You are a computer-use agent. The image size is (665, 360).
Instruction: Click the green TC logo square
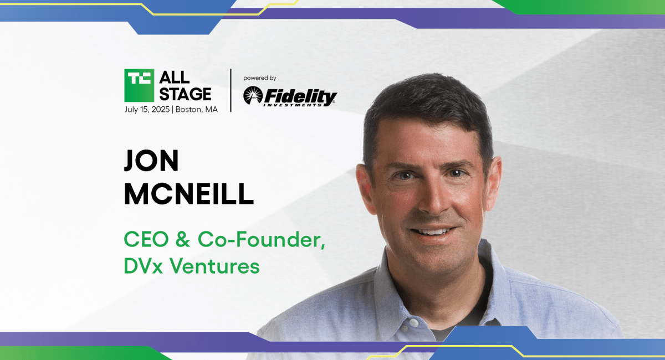tap(139, 85)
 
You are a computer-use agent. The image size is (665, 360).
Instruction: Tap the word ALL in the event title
tap(174, 78)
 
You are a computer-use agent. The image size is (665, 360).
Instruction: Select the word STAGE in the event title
tap(185, 94)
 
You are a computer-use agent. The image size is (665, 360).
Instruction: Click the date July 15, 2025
tap(147, 110)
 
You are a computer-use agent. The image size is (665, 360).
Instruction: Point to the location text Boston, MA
tap(197, 110)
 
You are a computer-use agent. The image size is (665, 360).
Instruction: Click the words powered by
tap(260, 78)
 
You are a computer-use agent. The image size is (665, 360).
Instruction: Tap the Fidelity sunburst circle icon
tap(253, 95)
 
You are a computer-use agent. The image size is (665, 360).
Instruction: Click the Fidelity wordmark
tap(300, 97)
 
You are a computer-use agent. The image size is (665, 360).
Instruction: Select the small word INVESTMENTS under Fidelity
tap(293, 105)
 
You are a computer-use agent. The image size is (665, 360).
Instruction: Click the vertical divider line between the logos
tap(231, 90)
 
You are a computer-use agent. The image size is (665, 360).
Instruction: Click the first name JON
tap(151, 161)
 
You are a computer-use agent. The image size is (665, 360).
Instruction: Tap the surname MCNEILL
tap(189, 194)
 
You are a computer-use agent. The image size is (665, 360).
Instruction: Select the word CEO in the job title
tap(146, 239)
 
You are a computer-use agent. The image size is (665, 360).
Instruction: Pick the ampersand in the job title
tap(182, 239)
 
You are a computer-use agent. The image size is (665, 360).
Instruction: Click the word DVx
tap(143, 266)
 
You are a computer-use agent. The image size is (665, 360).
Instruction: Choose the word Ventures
tap(214, 266)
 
